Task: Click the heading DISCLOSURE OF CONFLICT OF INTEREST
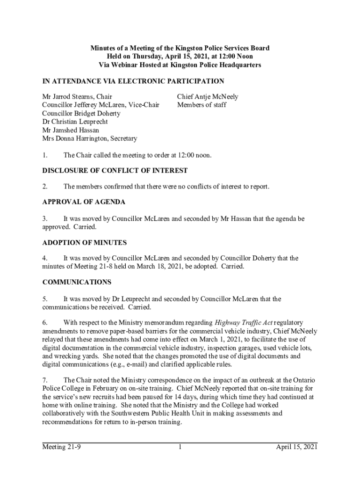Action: [115, 171]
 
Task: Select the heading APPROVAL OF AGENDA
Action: [84, 203]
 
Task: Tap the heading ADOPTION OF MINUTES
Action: [85, 243]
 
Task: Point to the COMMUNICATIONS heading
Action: [77, 283]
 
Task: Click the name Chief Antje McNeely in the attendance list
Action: [208, 97]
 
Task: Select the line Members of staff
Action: [202, 105]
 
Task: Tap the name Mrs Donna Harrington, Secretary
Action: [90, 138]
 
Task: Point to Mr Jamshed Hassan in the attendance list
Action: [71, 130]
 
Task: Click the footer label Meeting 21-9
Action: [62, 448]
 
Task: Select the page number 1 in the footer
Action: [180, 448]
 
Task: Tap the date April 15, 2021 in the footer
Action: [296, 448]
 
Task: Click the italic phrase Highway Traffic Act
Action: [244, 323]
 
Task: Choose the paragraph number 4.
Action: [45, 258]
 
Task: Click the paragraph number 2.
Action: [45, 187]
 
